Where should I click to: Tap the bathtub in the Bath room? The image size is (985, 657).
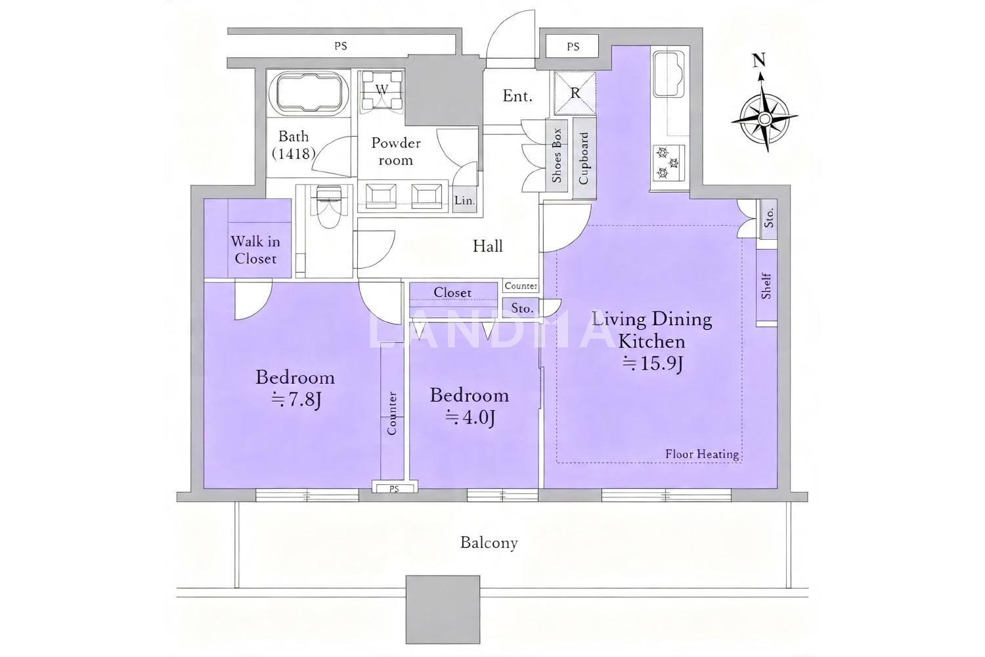tap(308, 93)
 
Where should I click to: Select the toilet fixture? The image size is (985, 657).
tap(328, 206)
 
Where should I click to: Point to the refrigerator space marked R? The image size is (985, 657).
tap(575, 94)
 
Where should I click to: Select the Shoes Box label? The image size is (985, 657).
tap(557, 155)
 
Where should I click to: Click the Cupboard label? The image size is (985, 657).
tap(584, 158)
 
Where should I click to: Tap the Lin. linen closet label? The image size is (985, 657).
tap(465, 200)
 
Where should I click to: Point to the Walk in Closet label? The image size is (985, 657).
tap(255, 250)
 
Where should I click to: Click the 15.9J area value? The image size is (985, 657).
tap(652, 364)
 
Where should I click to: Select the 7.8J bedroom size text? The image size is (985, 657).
tap(295, 399)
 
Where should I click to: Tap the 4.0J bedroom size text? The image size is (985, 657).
tap(470, 417)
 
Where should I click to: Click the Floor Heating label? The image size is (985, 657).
tap(702, 454)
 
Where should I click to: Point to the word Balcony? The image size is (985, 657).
tap(489, 543)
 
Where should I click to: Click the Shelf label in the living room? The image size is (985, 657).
tap(766, 286)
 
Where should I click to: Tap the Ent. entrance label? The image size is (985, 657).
tap(517, 95)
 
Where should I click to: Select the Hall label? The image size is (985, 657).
tap(488, 246)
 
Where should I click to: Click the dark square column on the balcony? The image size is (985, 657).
tap(443, 610)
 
